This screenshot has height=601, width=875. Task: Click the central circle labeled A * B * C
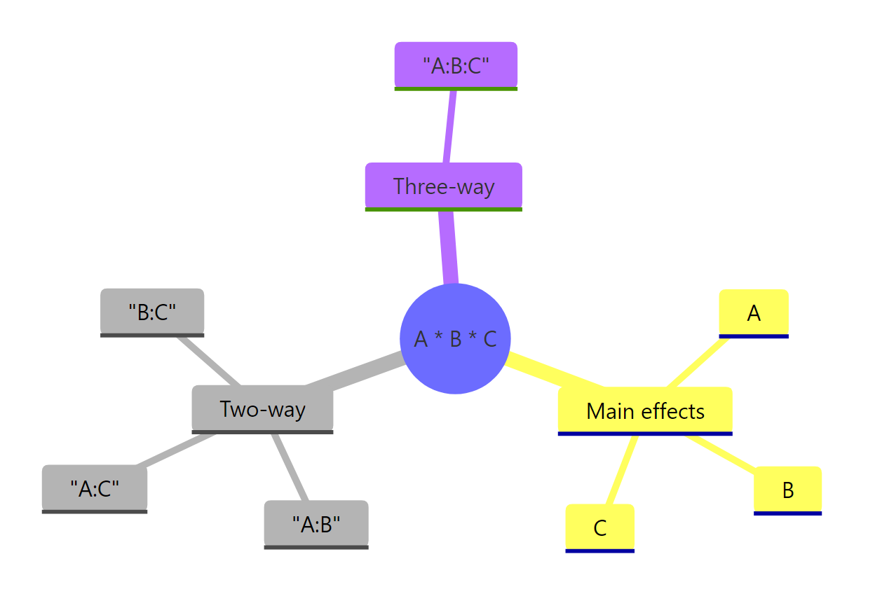tap(455, 338)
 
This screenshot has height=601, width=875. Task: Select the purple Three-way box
tap(443, 186)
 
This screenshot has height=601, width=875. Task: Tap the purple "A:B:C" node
tap(456, 66)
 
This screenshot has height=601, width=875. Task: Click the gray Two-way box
tap(262, 408)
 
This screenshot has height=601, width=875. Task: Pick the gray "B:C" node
tap(152, 312)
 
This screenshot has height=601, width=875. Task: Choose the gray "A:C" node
tap(95, 488)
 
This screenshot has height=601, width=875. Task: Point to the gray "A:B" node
tap(316, 524)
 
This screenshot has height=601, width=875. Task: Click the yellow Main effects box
tap(645, 410)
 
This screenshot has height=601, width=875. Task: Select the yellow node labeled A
tap(754, 313)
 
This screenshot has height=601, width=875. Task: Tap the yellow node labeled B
tap(787, 490)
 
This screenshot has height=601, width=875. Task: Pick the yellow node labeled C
tap(599, 527)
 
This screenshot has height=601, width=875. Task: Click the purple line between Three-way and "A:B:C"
tap(449, 127)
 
